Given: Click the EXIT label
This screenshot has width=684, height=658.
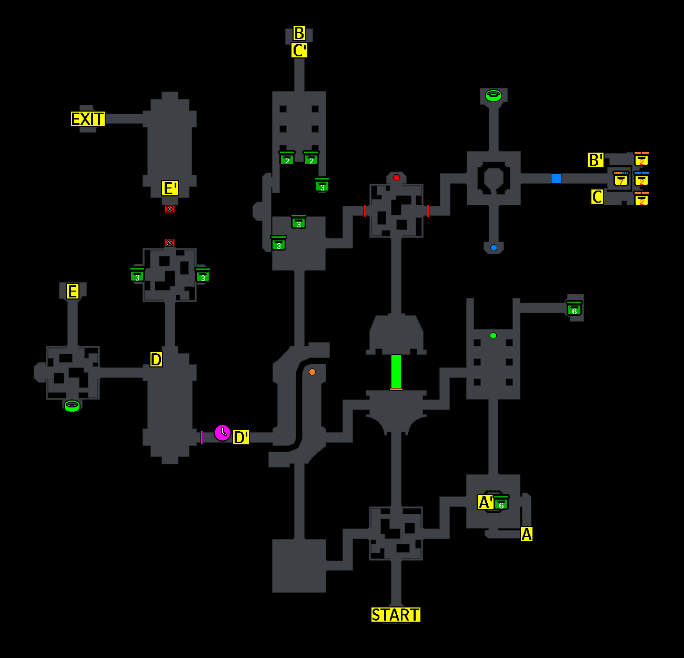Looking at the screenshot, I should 88,119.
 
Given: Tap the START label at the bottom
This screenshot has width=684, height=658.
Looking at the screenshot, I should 396,615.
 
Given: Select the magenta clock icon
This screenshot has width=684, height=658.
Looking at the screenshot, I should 223,433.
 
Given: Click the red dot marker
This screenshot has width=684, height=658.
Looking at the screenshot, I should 396,178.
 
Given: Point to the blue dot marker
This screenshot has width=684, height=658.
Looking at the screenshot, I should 494,247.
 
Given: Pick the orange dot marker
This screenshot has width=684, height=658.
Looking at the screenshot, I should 312,372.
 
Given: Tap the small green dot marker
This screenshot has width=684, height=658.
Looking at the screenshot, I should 493,336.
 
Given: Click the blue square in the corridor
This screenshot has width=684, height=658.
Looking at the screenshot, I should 556,178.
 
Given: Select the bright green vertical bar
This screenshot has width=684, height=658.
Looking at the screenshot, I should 396,371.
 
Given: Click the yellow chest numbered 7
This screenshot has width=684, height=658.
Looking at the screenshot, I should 621,180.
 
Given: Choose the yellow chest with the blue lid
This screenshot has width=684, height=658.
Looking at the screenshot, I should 641,179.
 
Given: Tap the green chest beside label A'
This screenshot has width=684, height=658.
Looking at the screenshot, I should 501,503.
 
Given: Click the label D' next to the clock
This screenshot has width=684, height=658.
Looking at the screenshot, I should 241,437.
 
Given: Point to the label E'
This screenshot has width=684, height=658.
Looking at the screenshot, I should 169,188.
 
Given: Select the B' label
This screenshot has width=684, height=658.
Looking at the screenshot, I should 595,160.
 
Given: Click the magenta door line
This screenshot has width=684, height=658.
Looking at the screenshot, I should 202,437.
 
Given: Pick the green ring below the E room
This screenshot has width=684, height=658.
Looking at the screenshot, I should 72,406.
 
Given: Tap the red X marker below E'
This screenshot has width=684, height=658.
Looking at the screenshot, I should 169,209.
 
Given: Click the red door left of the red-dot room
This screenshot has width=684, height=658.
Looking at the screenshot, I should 365,211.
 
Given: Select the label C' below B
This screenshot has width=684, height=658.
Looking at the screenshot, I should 299,51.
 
